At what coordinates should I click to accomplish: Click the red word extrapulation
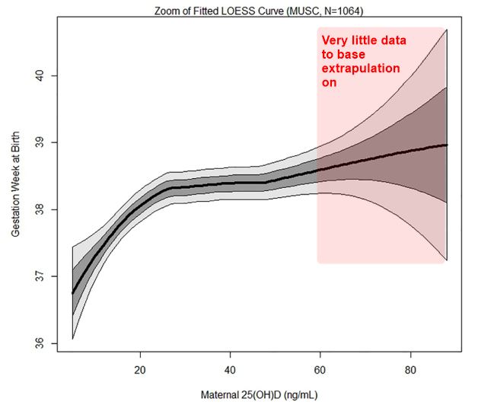360,69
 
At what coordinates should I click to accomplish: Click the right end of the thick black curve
447,145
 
